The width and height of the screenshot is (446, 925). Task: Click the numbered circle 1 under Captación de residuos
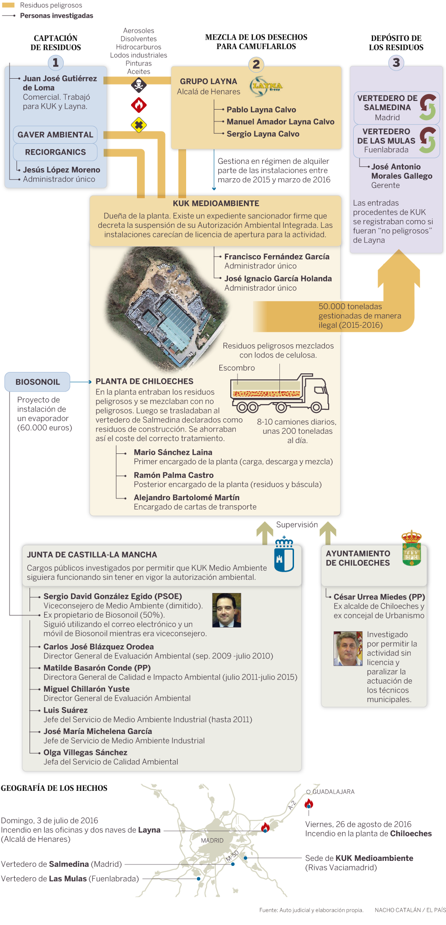pyautogui.click(x=56, y=63)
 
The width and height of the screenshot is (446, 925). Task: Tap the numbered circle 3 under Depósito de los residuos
pyautogui.click(x=396, y=63)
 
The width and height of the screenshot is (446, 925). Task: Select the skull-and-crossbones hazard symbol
pyautogui.click(x=138, y=85)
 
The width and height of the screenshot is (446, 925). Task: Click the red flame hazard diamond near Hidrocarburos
pyautogui.click(x=138, y=105)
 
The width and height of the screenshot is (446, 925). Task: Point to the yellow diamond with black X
pyautogui.click(x=138, y=125)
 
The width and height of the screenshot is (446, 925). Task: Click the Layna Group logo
pyautogui.click(x=267, y=86)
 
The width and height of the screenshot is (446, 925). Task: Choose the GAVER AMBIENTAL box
pyautogui.click(x=55, y=135)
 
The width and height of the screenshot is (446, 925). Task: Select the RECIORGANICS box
pyautogui.click(x=55, y=152)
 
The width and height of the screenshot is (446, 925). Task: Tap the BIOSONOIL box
pyautogui.click(x=37, y=382)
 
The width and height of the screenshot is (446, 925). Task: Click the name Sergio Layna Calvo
pyautogui.click(x=263, y=134)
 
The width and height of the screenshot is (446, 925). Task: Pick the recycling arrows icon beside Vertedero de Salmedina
pyautogui.click(x=428, y=107)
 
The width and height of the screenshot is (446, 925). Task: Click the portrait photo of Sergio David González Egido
pyautogui.click(x=226, y=610)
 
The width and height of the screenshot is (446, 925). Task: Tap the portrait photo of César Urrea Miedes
pyautogui.click(x=348, y=649)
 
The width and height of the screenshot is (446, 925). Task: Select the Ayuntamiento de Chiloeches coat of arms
pyautogui.click(x=411, y=548)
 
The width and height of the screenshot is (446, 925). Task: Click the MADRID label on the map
pyautogui.click(x=212, y=840)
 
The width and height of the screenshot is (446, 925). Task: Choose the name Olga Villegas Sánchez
pyautogui.click(x=85, y=752)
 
